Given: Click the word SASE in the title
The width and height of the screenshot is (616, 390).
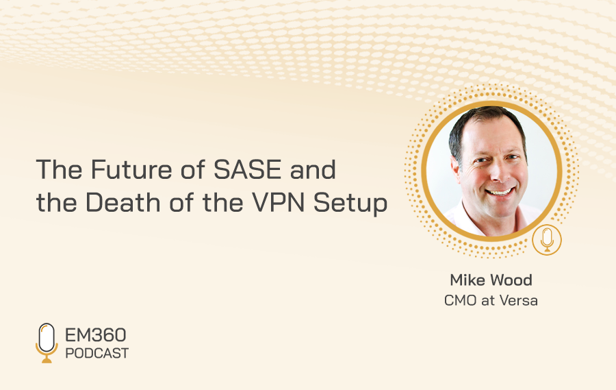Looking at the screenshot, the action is [x=248, y=169].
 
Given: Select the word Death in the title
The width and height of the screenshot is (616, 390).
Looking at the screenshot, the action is [x=123, y=203].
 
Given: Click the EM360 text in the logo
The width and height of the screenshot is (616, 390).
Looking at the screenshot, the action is [x=95, y=335].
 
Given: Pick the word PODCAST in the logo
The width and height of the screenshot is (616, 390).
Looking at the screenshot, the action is [x=97, y=354].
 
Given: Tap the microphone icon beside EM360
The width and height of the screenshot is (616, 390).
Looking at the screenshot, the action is [x=47, y=343].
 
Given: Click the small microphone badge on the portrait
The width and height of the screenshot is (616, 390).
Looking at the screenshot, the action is [x=547, y=240].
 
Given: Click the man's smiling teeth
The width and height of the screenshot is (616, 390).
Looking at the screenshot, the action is [x=499, y=193].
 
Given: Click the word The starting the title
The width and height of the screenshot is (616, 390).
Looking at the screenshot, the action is [x=60, y=169].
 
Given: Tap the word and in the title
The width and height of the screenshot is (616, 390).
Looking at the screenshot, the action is [x=313, y=169].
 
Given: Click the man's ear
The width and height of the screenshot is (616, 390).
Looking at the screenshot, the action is [x=456, y=169].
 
